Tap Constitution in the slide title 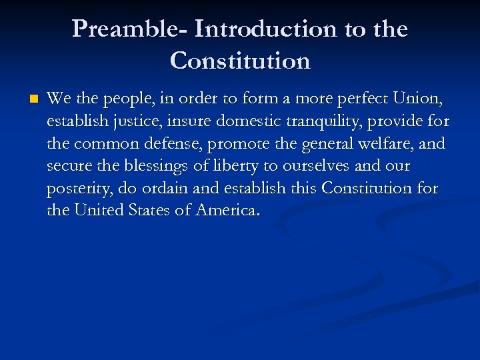tap(240, 61)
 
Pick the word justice tap(123, 122)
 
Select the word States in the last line tap(154, 211)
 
